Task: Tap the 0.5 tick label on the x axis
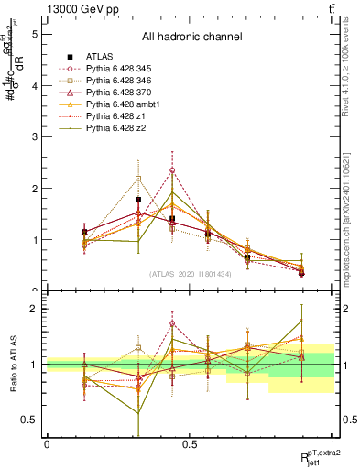190,443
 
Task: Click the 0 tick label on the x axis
47,443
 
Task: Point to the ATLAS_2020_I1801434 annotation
191,273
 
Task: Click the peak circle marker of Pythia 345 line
172,169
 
